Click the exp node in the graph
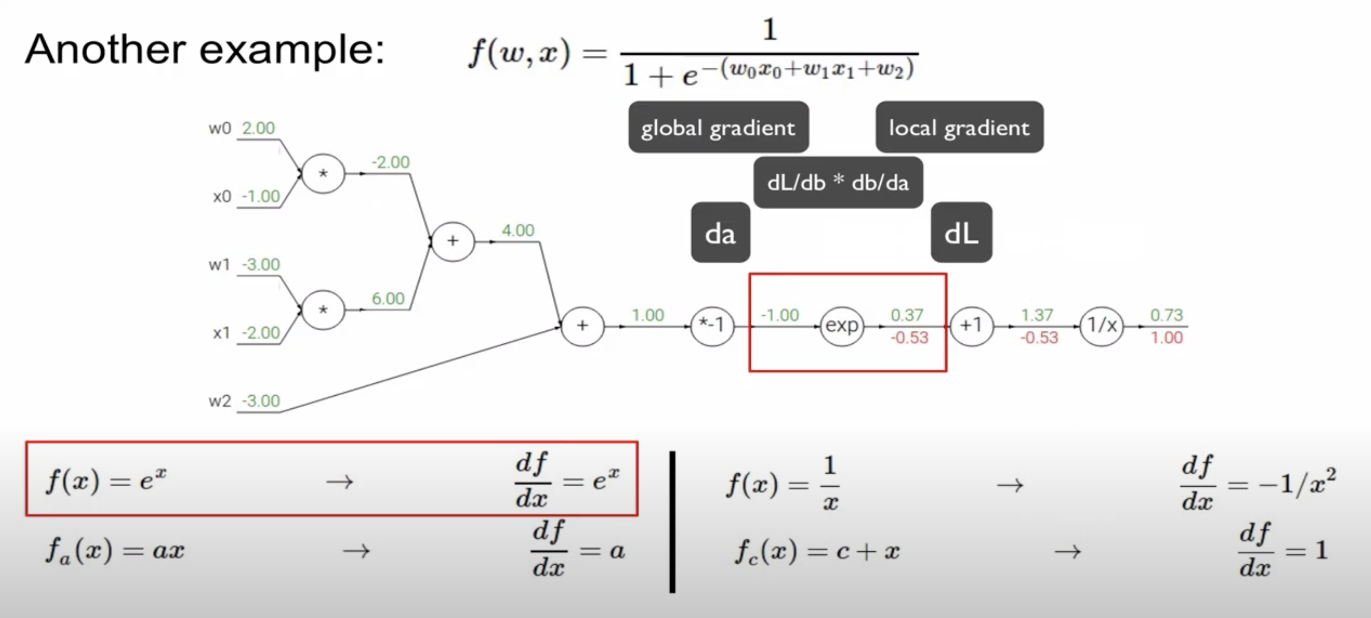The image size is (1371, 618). click(x=841, y=325)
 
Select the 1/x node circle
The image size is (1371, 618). click(x=1101, y=325)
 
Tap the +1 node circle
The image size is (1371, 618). click(x=971, y=325)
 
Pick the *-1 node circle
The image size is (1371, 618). click(x=712, y=325)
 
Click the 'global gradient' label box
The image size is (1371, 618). click(x=718, y=128)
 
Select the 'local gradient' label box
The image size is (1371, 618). click(x=959, y=128)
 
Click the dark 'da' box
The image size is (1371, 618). click(x=720, y=233)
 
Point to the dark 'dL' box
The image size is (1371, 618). click(x=961, y=233)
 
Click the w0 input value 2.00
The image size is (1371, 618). click(x=258, y=128)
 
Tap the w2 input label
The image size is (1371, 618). click(x=219, y=401)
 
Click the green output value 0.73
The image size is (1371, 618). click(x=1166, y=315)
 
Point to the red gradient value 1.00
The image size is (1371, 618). click(x=1166, y=337)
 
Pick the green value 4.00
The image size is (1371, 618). click(x=517, y=231)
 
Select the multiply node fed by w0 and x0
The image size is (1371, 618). click(x=322, y=174)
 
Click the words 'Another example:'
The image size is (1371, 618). click(x=205, y=50)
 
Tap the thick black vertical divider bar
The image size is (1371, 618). click(x=672, y=521)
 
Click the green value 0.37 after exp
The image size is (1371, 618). click(x=907, y=315)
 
